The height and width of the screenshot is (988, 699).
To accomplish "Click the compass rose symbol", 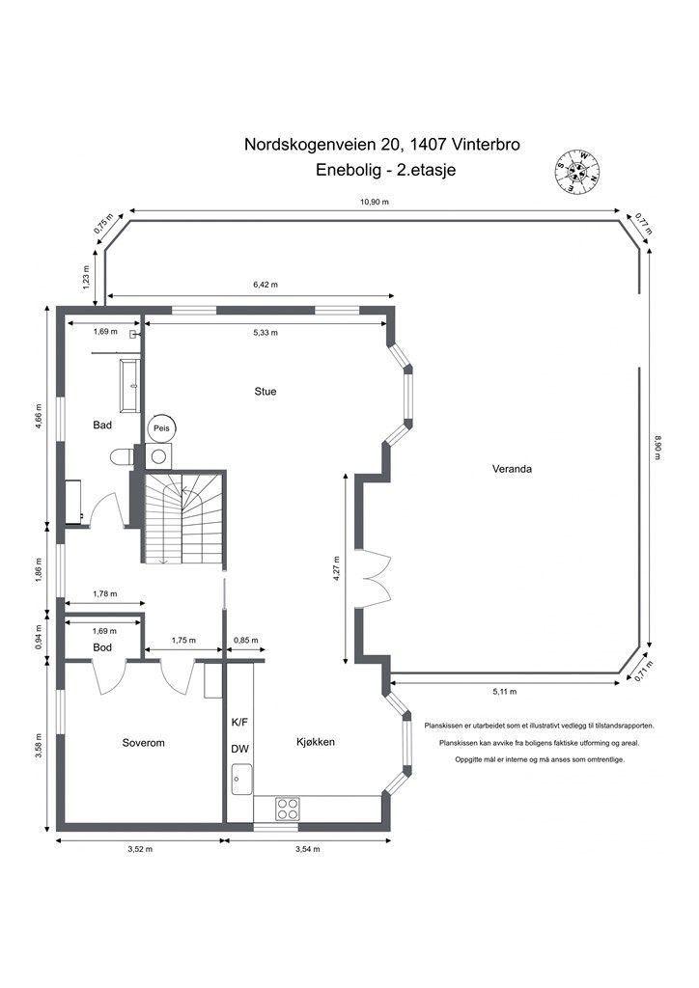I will (576, 173).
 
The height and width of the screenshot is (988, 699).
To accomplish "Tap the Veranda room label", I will (513, 470).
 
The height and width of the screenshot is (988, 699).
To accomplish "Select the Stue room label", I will (266, 392).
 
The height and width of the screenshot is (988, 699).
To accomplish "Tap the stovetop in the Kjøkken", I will (287, 808).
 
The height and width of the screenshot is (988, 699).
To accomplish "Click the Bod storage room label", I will (103, 646).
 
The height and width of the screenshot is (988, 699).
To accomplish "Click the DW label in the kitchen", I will (240, 750).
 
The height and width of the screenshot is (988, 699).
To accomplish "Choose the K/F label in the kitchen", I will (239, 722).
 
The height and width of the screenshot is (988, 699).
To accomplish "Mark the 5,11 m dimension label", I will (505, 692).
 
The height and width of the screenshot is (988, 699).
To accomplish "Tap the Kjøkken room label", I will (315, 742).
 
